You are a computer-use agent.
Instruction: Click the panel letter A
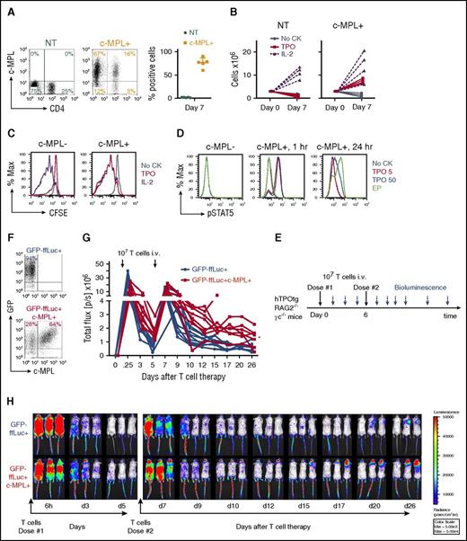(8, 7)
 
